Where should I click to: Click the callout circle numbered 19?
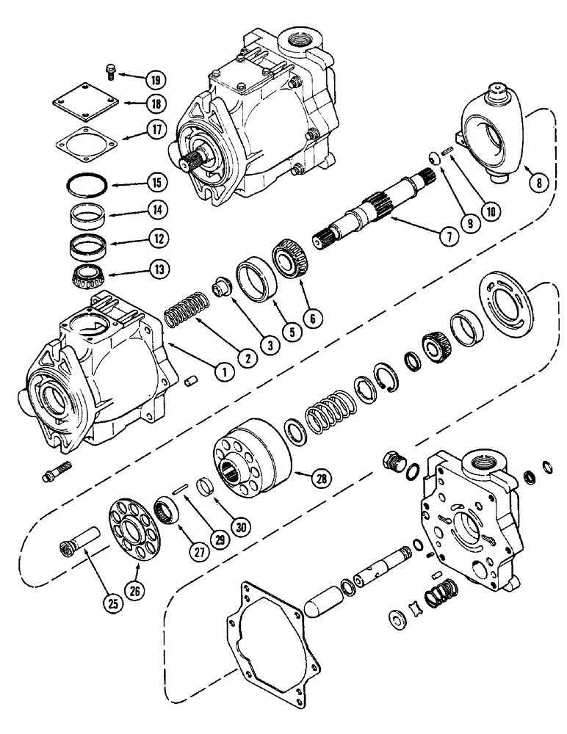pos(155,79)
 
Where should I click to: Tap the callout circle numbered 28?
pos(320,479)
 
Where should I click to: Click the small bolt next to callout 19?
pos(108,70)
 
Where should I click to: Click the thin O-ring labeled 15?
pos(87,181)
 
